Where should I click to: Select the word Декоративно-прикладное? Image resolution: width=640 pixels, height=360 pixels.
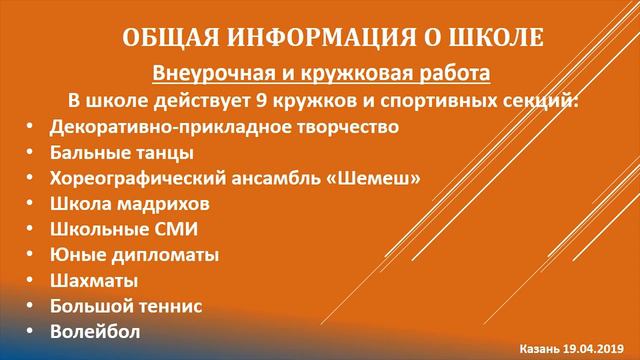185,127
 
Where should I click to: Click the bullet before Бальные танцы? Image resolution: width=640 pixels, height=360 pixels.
31,153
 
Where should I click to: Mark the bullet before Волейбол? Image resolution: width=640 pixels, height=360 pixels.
31,330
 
